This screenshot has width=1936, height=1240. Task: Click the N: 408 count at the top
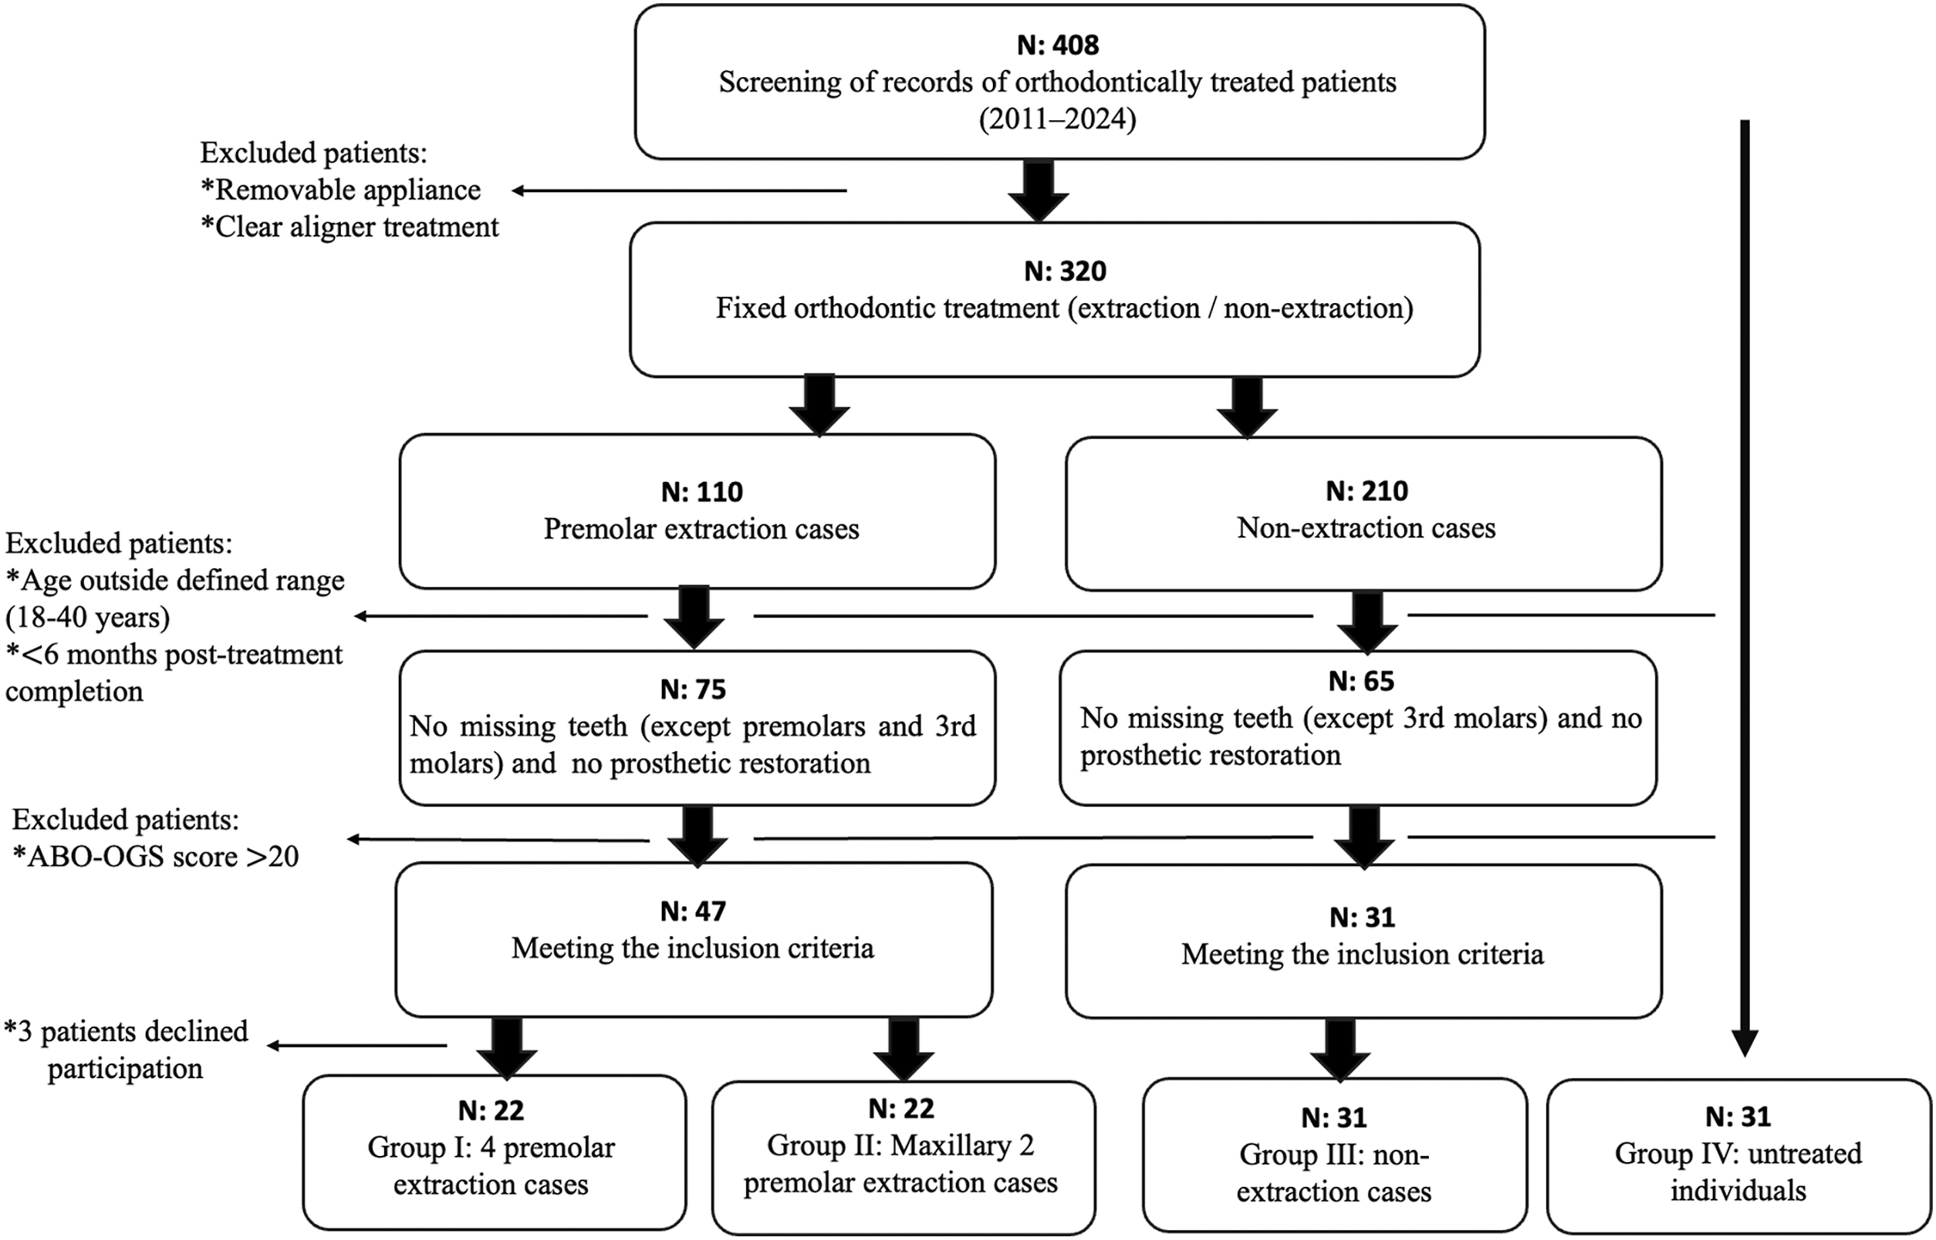coord(1058,45)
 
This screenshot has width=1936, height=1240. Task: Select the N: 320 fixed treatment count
coord(1065,271)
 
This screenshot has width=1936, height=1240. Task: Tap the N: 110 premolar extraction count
coord(701,492)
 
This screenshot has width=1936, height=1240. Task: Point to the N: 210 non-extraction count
coord(1367,491)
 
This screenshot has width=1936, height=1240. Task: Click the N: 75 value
coord(693,689)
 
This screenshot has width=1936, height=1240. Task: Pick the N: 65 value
coord(1362,681)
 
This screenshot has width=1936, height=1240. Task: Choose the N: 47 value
coord(693,911)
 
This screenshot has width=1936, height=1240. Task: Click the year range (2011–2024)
coord(1058,120)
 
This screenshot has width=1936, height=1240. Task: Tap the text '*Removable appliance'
coord(340,190)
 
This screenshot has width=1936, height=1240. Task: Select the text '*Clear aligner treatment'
coord(350,227)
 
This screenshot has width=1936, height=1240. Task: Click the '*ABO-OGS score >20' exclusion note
coord(157,857)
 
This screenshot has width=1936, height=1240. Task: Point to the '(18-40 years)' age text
coord(88,618)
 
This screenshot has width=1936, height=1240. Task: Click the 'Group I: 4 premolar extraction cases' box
coord(495,1152)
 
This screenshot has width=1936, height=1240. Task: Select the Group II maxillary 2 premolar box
coord(904,1157)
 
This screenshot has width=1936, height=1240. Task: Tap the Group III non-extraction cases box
coord(1335,1155)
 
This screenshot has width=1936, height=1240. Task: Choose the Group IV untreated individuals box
coord(1739,1155)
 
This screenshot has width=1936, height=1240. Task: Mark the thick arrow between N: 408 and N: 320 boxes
coord(1039,190)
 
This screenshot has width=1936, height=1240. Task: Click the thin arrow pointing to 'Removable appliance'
coord(679,190)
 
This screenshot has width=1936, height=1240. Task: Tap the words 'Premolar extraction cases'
coord(701,529)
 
